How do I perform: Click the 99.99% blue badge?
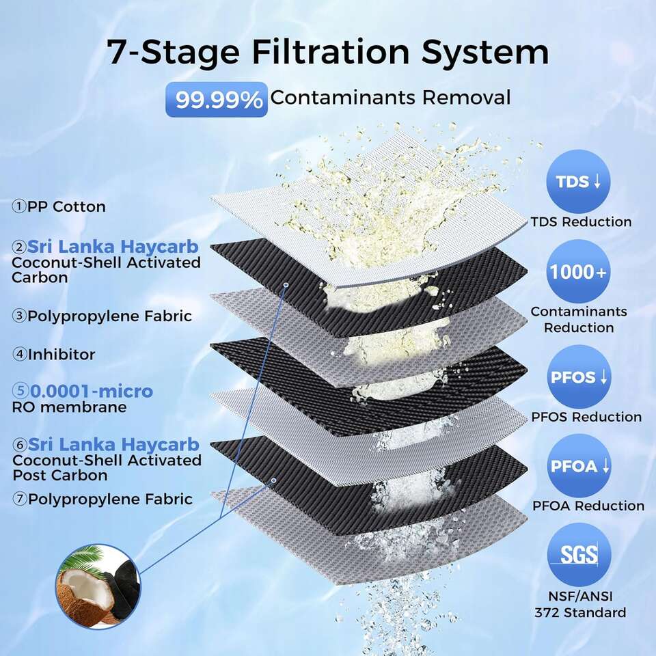pyautogui.click(x=217, y=100)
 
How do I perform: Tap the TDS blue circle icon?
pyautogui.click(x=578, y=182)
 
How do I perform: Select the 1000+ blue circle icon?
pyautogui.click(x=578, y=272)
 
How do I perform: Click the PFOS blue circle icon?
pyautogui.click(x=579, y=377)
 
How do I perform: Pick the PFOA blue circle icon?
pyautogui.click(x=579, y=465)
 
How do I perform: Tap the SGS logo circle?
pyautogui.click(x=579, y=555)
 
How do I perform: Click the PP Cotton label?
pyautogui.click(x=59, y=206)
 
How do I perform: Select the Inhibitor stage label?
pyautogui.click(x=53, y=355)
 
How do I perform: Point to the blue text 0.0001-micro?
pyautogui.click(x=92, y=391)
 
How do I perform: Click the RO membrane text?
pyautogui.click(x=69, y=407)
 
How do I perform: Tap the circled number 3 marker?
pyautogui.click(x=19, y=316)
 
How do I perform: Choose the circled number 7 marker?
pyautogui.click(x=20, y=499)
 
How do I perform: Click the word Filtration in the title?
pyautogui.click(x=331, y=52)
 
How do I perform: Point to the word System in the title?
pyautogui.click(x=485, y=53)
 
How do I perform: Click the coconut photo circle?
pyautogui.click(x=98, y=586)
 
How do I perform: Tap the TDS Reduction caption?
pyautogui.click(x=581, y=221)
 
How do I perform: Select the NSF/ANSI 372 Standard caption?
pyautogui.click(x=580, y=605)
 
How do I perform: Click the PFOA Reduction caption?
pyautogui.click(x=588, y=506)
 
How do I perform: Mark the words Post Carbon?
pyautogui.click(x=60, y=476)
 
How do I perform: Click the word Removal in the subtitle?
pyautogui.click(x=466, y=98)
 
